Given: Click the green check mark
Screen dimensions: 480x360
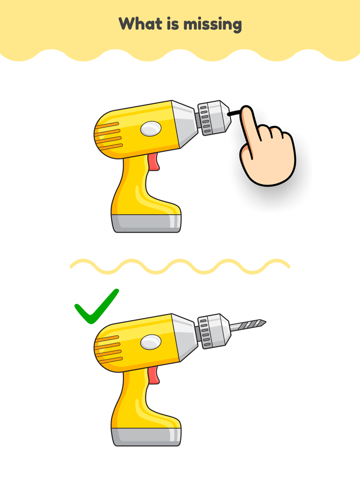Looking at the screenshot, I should [96, 307].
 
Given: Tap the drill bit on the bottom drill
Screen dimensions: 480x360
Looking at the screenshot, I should [248, 325].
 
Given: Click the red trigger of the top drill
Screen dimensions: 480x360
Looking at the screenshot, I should [154, 161].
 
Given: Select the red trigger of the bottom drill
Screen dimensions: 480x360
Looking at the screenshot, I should [154, 375].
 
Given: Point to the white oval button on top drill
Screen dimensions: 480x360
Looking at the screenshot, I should [151, 129].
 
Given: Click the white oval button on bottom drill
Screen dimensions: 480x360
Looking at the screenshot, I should [151, 342].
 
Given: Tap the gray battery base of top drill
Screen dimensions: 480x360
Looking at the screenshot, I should [146, 223].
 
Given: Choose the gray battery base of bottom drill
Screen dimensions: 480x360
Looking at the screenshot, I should [146, 436].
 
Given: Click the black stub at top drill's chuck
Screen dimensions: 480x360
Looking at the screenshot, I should [234, 114].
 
